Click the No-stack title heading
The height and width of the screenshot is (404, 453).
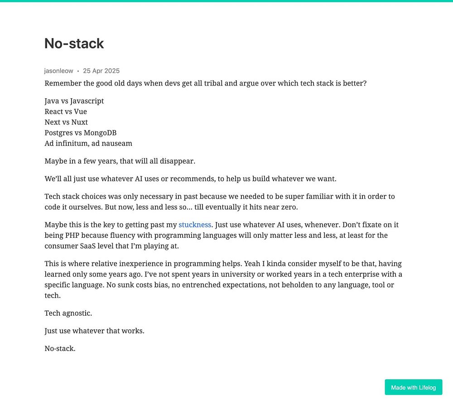pos(74,43)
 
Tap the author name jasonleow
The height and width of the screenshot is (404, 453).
pos(58,71)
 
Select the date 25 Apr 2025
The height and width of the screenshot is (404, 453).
pos(101,71)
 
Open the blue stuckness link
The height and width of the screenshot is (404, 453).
pos(195,225)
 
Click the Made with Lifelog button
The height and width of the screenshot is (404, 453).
pos(413,387)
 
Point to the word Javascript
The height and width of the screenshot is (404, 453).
pos(87,101)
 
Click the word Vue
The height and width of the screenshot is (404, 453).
pos(80,111)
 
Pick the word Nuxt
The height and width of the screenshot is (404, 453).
pos(79,122)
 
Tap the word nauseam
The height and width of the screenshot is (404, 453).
pos(117,144)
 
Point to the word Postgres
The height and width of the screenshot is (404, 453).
pos(58,133)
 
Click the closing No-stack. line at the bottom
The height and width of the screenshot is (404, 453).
pos(60,348)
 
